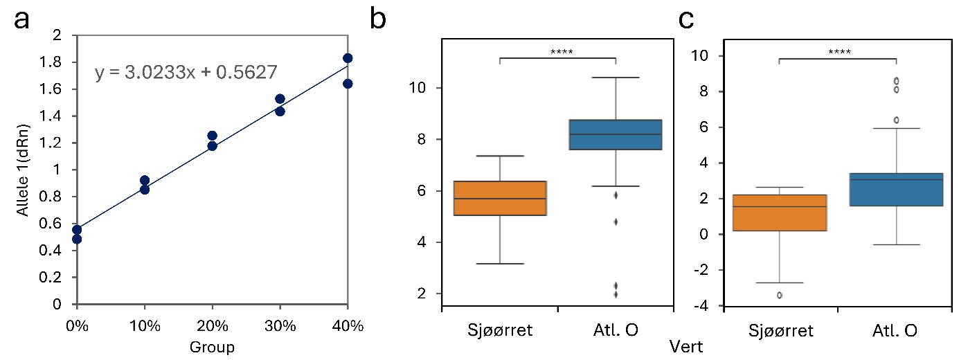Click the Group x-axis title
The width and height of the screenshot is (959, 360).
click(212, 346)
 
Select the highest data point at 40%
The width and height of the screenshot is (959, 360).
click(348, 58)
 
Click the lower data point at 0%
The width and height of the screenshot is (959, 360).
click(77, 239)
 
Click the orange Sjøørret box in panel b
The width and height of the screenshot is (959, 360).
click(499, 199)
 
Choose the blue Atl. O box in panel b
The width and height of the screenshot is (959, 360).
click(616, 135)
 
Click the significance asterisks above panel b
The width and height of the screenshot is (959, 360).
click(557, 51)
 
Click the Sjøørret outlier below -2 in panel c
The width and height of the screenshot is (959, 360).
click(780, 295)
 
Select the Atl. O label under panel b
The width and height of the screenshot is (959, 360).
click(616, 330)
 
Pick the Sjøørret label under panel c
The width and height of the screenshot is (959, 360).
click(780, 330)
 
